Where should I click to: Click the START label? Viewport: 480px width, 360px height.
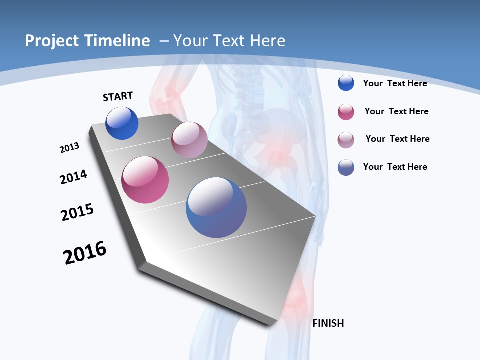(x=118, y=96)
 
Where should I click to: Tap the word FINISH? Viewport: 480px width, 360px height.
(x=328, y=323)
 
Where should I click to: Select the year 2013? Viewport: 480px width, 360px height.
(x=69, y=148)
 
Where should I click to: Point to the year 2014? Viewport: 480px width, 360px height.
(x=73, y=177)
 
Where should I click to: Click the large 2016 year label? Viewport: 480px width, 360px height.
(x=85, y=253)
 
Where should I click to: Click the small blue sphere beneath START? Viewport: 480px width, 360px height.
(x=122, y=123)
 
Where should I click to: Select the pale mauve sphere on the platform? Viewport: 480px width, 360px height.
(x=189, y=140)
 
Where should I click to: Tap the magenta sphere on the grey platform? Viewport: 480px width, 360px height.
(x=145, y=180)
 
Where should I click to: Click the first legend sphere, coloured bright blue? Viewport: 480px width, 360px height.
(x=346, y=83)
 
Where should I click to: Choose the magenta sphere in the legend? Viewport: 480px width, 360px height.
(x=346, y=112)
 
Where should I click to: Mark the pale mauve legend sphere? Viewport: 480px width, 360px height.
(x=346, y=139)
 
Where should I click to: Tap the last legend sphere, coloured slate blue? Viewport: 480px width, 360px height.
(x=346, y=167)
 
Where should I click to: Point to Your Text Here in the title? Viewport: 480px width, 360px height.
(x=229, y=41)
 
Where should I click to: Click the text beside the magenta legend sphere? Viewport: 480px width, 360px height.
(x=396, y=111)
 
